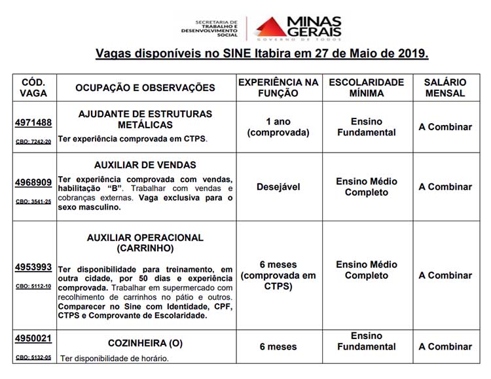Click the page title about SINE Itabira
(262, 53)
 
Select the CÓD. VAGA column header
(33, 88)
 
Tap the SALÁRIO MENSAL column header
(445, 88)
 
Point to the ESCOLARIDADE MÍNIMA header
(366, 88)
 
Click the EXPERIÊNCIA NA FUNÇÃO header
(278, 88)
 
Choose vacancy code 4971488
(33, 122)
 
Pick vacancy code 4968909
(33, 182)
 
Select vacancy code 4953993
(33, 267)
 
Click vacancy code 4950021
(33, 338)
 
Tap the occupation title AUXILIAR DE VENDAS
(145, 165)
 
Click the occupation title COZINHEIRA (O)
(145, 343)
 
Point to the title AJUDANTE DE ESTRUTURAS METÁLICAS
(145, 119)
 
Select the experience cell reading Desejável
(278, 187)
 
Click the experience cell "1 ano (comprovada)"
(278, 127)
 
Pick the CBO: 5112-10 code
(33, 286)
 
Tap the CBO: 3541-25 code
(33, 201)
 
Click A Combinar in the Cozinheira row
(445, 347)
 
